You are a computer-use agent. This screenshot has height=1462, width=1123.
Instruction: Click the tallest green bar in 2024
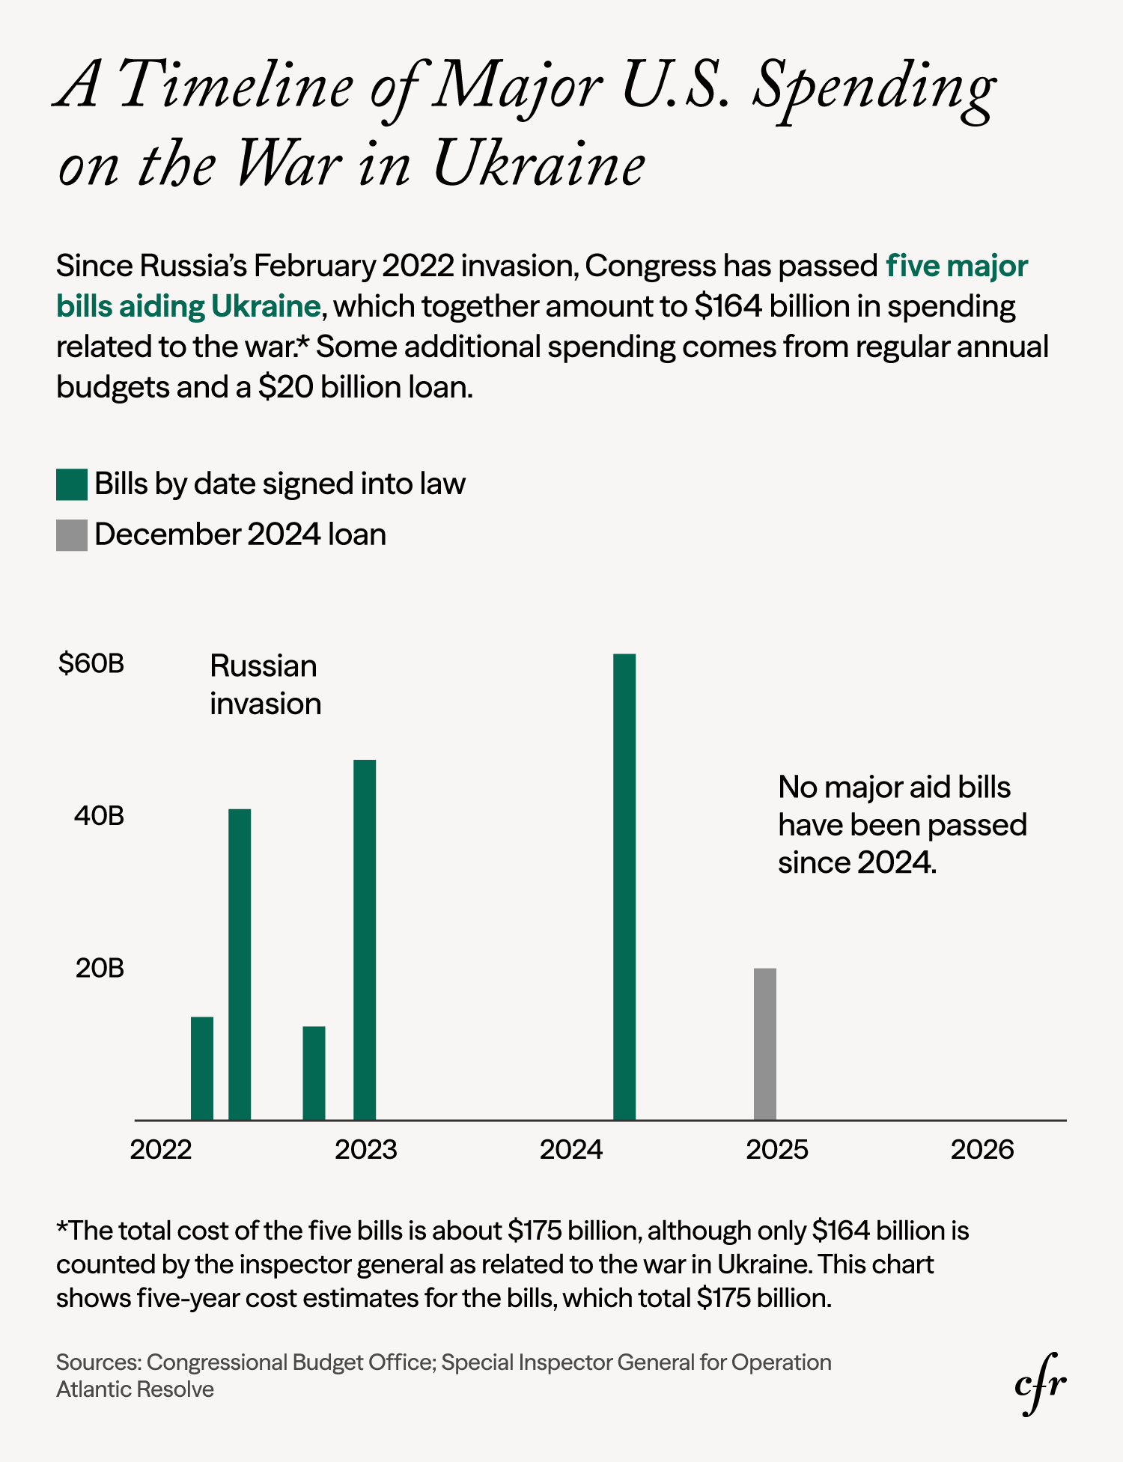pos(624,886)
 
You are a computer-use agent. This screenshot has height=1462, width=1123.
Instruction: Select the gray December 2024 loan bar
pos(764,1044)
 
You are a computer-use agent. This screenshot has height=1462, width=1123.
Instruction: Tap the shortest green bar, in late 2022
pos(314,1072)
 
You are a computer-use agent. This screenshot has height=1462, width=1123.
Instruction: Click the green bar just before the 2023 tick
pos(365,939)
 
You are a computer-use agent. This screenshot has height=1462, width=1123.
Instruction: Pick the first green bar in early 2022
pos(202,1067)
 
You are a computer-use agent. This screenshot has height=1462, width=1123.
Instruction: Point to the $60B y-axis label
pos(91,663)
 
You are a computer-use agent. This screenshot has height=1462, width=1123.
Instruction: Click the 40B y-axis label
pos(99,816)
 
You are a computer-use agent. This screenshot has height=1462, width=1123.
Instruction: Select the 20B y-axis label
pos(99,969)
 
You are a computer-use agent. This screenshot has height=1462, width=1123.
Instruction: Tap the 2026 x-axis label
pos(982,1149)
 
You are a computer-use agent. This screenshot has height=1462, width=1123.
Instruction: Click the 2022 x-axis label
pos(161,1149)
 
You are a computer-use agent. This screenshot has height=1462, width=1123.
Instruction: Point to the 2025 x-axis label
pos(776,1149)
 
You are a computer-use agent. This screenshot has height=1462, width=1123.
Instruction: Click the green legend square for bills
pos(72,484)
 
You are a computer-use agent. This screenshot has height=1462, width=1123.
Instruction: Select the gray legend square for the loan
pos(72,535)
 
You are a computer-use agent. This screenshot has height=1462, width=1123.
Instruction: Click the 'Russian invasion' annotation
pos(265,684)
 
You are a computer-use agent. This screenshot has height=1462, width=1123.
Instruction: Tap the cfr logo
pos(1040,1383)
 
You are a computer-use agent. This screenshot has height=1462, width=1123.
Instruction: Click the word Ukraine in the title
pos(538,165)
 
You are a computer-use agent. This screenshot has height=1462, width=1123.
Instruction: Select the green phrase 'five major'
pos(957,266)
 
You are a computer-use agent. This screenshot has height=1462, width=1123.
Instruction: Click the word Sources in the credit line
pos(98,1362)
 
